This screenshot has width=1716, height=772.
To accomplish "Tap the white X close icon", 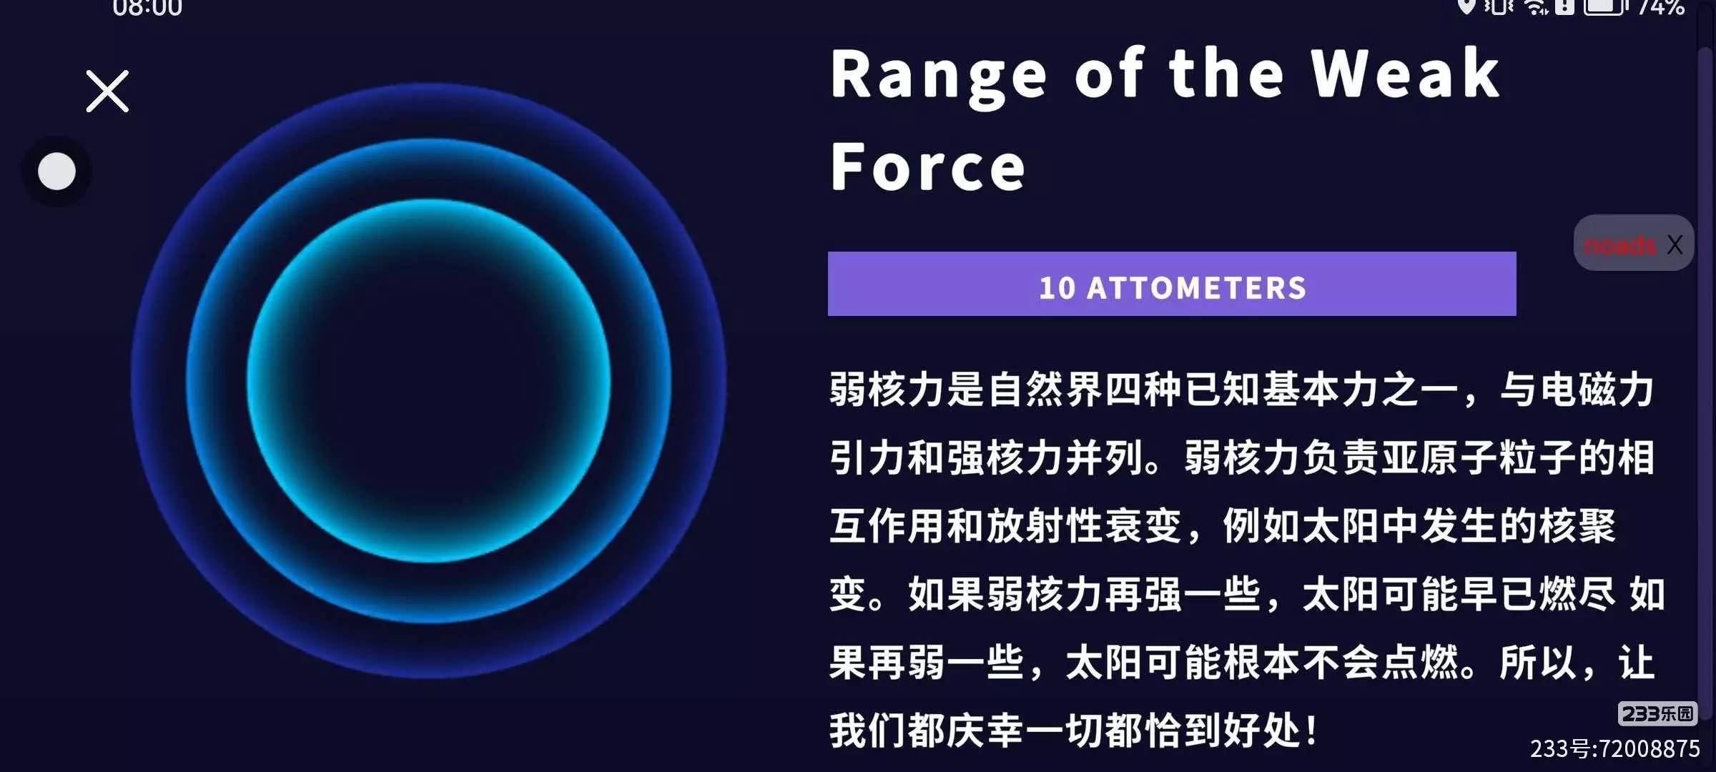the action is click(107, 91).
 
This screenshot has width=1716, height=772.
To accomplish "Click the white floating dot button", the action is click(56, 171).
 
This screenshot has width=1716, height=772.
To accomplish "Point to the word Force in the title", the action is click(928, 166).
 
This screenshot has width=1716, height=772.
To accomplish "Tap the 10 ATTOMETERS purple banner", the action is click(1172, 284).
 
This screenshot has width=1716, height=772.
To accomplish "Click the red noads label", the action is click(1619, 245).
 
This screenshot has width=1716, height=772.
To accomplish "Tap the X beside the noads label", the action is click(1675, 244).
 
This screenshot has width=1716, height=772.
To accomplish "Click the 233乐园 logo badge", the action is click(1657, 713).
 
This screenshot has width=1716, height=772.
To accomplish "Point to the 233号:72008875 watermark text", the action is click(1615, 748).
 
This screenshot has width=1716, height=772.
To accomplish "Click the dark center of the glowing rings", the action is click(429, 380).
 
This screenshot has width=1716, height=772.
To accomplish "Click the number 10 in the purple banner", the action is click(1057, 288).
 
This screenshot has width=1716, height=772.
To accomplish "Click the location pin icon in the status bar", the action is click(1466, 6).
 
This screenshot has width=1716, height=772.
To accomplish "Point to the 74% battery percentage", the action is click(1662, 6).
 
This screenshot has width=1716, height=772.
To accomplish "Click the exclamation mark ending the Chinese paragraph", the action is click(1311, 731).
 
